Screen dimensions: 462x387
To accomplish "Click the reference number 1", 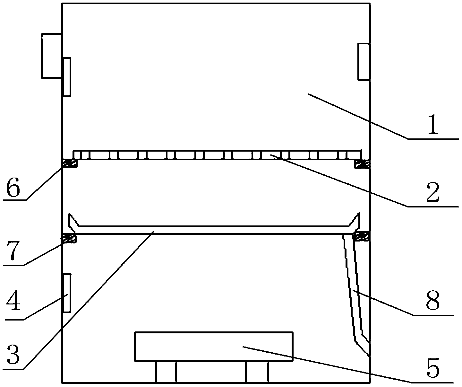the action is (433, 124).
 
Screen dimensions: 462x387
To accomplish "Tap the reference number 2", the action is (432, 192).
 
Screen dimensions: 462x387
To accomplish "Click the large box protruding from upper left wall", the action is (51, 56).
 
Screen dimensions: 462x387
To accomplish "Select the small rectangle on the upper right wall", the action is (364, 62).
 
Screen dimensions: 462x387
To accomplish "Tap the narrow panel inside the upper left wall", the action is (67, 77).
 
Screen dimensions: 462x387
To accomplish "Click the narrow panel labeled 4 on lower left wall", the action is (67, 293).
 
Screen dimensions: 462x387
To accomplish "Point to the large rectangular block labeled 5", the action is (214, 347).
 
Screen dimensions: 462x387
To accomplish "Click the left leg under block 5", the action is (166, 372).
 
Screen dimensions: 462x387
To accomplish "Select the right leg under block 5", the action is (257, 372).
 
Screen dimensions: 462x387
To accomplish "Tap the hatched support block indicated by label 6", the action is (70, 163).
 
